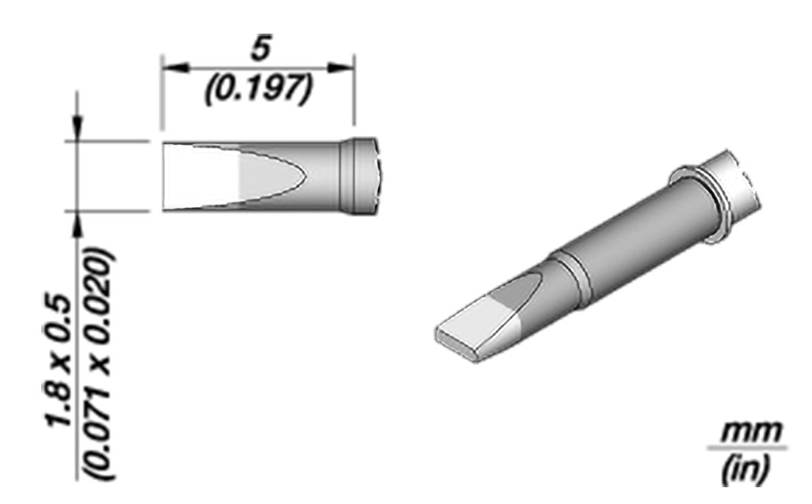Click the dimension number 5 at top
pos(261,50)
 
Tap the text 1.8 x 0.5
pos(58,360)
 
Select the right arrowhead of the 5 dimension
pos(341,68)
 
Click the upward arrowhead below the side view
pos(78,224)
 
